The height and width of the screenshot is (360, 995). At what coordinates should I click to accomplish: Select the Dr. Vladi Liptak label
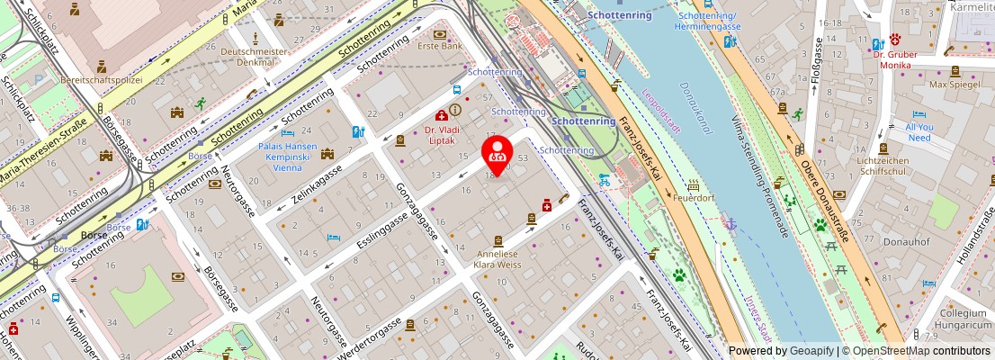[x=441, y=135]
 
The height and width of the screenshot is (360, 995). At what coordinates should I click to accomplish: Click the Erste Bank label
[x=439, y=46]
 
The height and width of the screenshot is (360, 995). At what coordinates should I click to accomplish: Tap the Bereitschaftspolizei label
[x=101, y=80]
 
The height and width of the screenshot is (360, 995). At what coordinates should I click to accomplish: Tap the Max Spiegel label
[x=955, y=85]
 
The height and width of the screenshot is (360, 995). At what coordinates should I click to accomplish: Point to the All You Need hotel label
[x=919, y=132]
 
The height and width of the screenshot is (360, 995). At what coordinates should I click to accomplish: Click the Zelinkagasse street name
[x=317, y=184]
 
